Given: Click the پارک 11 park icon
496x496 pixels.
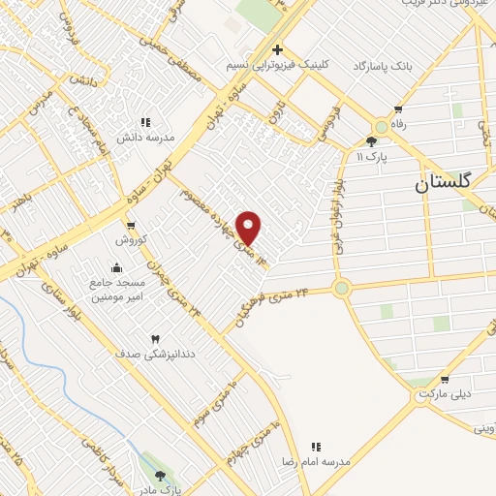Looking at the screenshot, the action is pyautogui.click(x=371, y=141).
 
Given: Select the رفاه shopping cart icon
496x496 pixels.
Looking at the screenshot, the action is pyautogui.click(x=397, y=108).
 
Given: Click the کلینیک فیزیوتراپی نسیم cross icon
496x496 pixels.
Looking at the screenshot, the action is pyautogui.click(x=277, y=49).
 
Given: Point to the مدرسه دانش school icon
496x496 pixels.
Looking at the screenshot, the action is pyautogui.click(x=145, y=122).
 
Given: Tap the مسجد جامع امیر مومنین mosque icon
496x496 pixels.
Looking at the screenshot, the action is pyautogui.click(x=117, y=268).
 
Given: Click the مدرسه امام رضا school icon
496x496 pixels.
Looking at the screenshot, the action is pyautogui.click(x=316, y=447).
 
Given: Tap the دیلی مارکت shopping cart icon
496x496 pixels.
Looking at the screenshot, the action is pyautogui.click(x=445, y=380).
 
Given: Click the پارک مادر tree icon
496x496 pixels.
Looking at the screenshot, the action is pyautogui.click(x=160, y=475).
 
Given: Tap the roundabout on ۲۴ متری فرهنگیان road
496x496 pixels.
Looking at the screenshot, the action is pyautogui.click(x=341, y=288).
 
